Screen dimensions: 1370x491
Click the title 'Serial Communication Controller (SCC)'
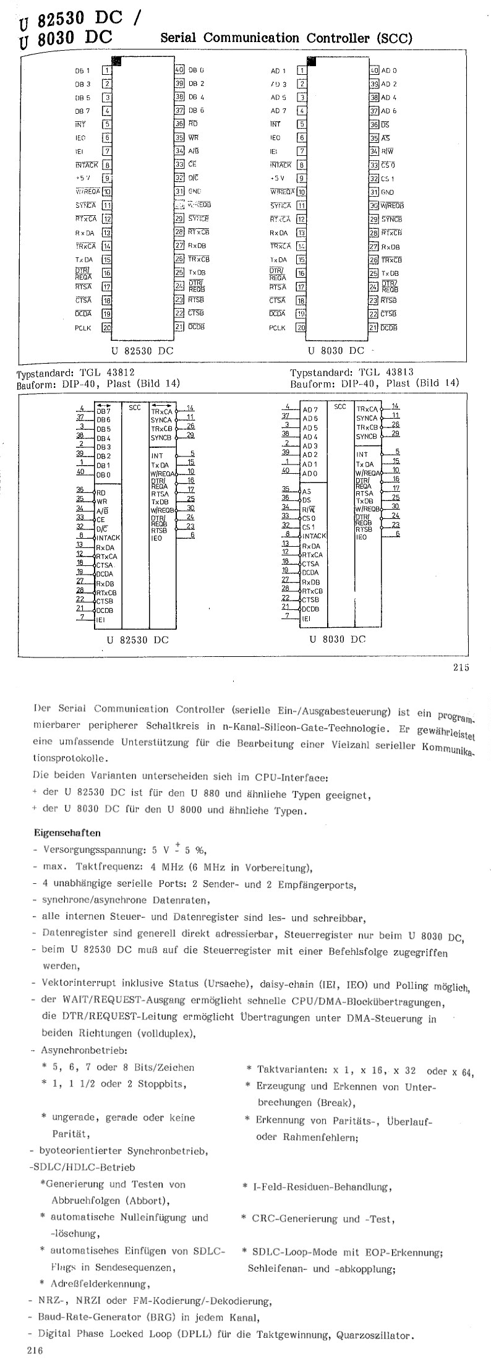(286, 38)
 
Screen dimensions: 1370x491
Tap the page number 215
(461, 667)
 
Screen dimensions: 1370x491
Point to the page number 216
(35, 1351)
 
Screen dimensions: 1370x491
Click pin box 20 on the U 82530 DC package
(106, 328)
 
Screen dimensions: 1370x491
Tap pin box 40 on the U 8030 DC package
(374, 71)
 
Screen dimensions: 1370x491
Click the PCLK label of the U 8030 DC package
(277, 328)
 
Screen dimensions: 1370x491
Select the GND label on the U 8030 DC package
(387, 192)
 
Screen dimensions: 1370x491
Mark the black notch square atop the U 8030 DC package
(312, 61)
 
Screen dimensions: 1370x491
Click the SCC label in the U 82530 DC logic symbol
(134, 408)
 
